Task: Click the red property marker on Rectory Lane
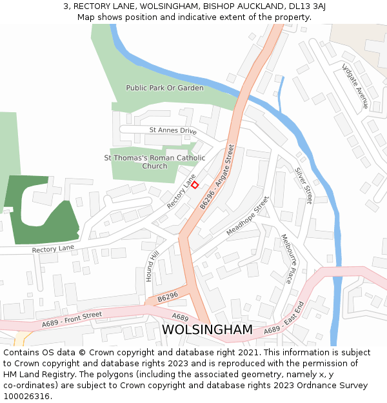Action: click(x=195, y=185)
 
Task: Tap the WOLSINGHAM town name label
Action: click(x=207, y=329)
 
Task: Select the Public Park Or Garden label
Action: click(x=164, y=88)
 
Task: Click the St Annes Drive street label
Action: click(x=173, y=130)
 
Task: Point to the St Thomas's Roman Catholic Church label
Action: click(x=155, y=162)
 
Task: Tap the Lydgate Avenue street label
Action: click(x=355, y=86)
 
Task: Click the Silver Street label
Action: click(x=303, y=186)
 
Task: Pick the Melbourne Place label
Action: click(x=286, y=259)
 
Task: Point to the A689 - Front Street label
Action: click(x=72, y=319)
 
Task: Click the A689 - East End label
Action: click(x=284, y=318)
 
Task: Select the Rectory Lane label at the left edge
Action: click(x=53, y=248)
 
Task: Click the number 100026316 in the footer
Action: click(x=27, y=396)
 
